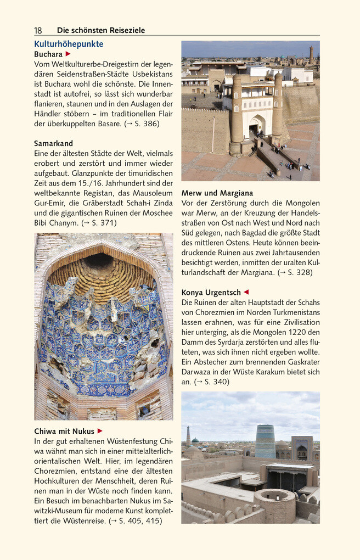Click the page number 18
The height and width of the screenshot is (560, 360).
click(38, 30)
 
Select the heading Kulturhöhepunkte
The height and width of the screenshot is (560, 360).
click(69, 44)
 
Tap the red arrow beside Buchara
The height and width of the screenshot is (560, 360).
click(68, 54)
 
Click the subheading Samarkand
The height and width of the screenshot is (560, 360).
click(53, 143)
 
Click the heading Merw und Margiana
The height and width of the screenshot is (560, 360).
click(217, 193)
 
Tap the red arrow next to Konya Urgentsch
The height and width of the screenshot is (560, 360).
click(246, 293)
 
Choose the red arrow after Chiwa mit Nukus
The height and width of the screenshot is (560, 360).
click(100, 431)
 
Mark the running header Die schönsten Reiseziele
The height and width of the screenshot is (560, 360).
click(101, 30)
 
